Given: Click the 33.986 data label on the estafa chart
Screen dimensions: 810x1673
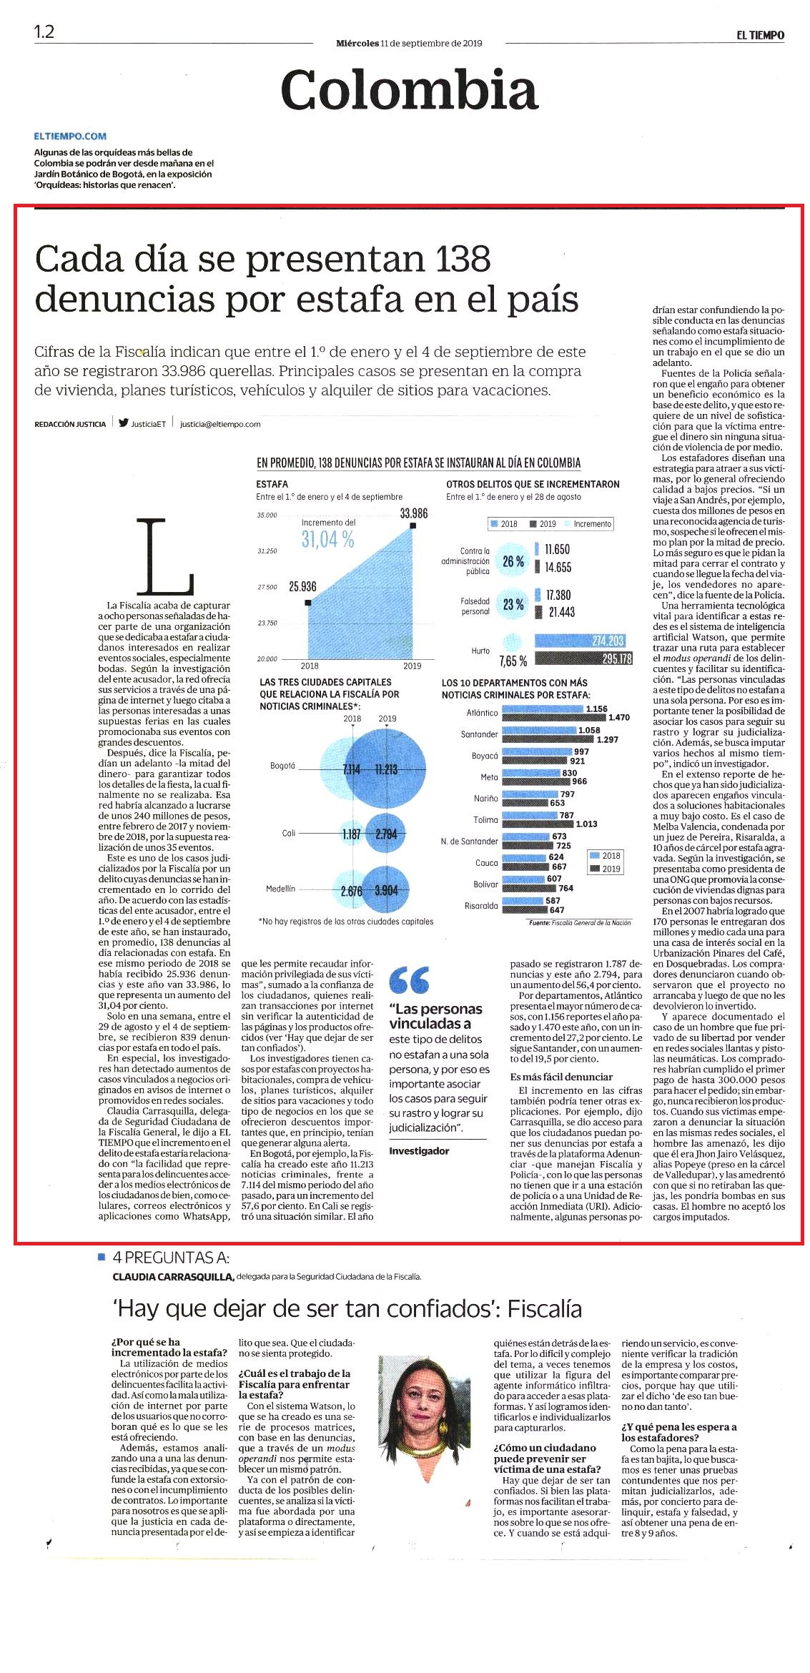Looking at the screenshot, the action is (x=414, y=513).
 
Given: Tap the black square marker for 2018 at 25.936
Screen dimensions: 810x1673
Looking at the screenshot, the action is (x=308, y=603).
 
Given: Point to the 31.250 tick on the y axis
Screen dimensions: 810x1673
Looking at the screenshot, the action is (x=267, y=551).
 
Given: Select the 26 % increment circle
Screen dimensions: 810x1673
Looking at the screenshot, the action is (x=513, y=562).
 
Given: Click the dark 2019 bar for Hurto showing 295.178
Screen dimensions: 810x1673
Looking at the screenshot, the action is (x=583, y=658).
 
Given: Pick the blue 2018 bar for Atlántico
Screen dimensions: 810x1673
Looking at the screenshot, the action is (x=543, y=709).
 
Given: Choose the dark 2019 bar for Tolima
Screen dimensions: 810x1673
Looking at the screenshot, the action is (x=538, y=824).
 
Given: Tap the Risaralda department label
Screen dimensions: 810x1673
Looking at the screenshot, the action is (x=481, y=906).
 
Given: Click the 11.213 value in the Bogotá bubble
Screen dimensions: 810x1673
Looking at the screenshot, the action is (x=386, y=769).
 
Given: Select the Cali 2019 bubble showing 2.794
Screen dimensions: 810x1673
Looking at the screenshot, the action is (x=386, y=834).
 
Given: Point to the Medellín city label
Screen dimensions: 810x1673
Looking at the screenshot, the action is (x=280, y=889).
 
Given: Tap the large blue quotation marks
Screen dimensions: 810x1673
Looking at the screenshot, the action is (x=410, y=979).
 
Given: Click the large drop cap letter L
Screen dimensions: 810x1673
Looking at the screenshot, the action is (x=165, y=557).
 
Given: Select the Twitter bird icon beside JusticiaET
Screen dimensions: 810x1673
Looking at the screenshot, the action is (x=124, y=423).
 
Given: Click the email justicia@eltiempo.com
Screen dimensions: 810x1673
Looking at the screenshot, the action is (x=220, y=424).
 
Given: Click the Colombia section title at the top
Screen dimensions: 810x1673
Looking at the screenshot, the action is (x=409, y=90).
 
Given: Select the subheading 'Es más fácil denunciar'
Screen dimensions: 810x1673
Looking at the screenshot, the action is (x=561, y=1077).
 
